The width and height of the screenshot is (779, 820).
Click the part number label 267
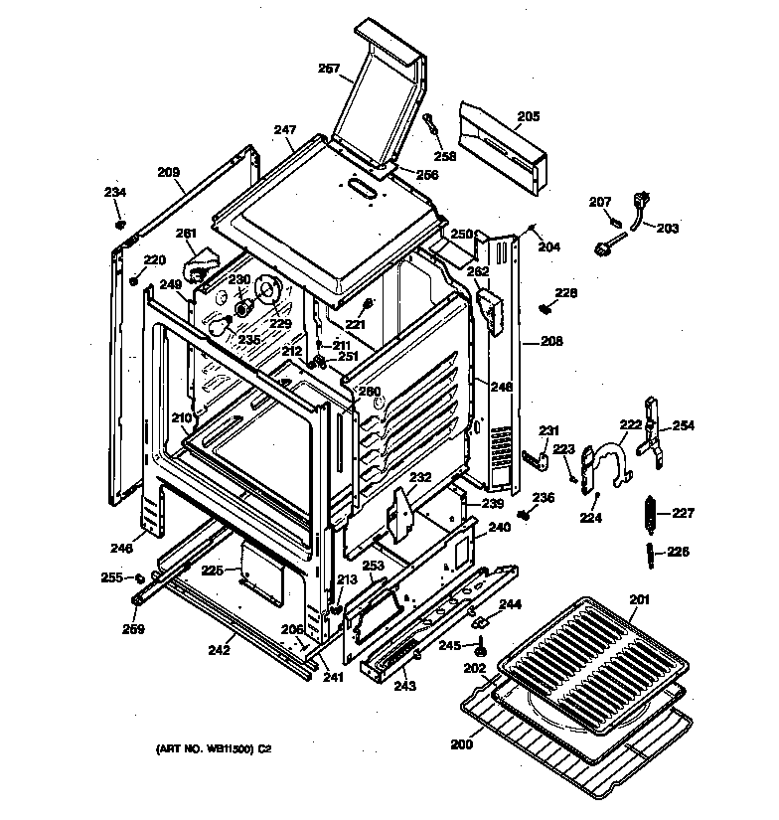tap(329, 70)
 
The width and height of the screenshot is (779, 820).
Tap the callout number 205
tap(528, 116)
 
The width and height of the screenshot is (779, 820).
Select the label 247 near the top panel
tap(285, 130)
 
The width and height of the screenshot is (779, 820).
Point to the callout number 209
tap(170, 171)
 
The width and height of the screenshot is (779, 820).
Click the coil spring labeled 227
tap(652, 514)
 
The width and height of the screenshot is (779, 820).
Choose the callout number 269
tap(133, 628)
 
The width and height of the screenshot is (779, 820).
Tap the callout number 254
tap(685, 426)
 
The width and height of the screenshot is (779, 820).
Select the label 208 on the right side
tap(551, 341)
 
